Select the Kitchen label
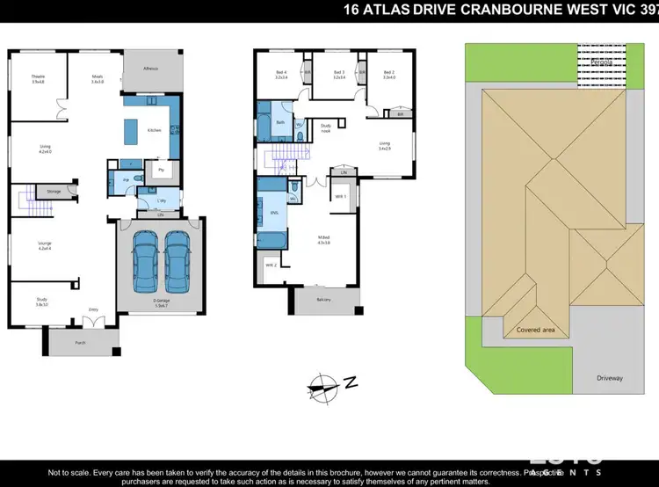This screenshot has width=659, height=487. [x=155, y=131]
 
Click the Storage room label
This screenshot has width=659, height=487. [x=54, y=190]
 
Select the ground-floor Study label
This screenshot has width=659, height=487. [x=41, y=300]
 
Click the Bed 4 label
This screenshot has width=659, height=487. [x=281, y=75]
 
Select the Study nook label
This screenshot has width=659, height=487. [x=325, y=128]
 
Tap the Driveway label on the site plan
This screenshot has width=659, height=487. [x=610, y=378]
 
